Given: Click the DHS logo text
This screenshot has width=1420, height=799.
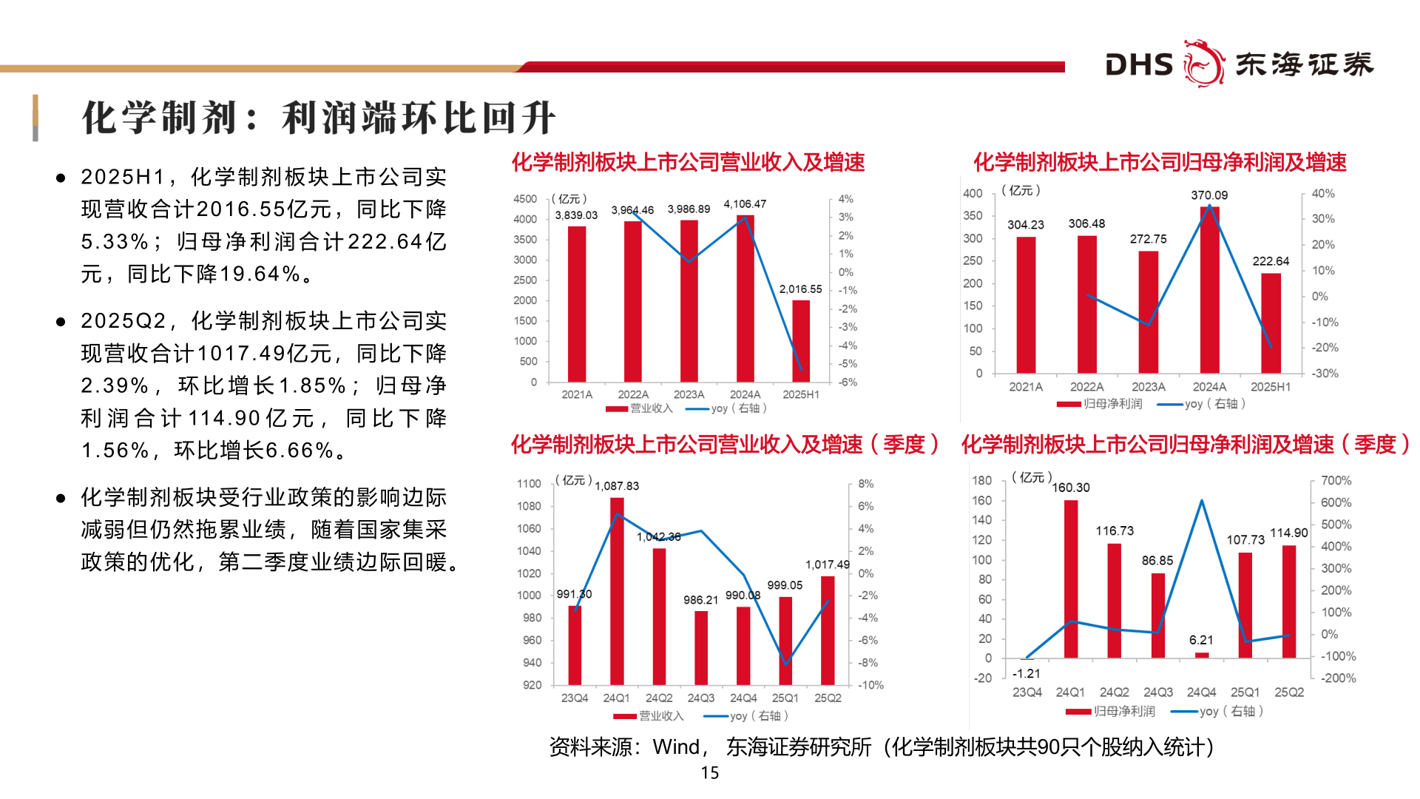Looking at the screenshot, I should (1139, 64).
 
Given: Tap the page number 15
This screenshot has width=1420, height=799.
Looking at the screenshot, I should (710, 773).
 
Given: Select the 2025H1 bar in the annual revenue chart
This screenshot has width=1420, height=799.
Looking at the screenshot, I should (801, 341).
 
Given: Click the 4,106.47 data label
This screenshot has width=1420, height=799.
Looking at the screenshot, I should (745, 204).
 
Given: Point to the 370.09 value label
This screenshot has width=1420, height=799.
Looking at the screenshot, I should (1209, 195).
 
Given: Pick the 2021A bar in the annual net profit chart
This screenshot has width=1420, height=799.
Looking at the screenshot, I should (1026, 305).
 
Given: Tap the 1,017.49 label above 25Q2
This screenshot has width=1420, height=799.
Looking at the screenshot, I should (828, 564).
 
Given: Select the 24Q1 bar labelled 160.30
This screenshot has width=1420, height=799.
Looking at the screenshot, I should (1071, 579).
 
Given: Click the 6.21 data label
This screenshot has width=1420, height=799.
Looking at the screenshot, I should (1201, 640).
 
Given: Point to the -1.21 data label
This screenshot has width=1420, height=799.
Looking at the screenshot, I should (1027, 673).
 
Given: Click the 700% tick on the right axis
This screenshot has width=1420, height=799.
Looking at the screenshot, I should (1336, 481).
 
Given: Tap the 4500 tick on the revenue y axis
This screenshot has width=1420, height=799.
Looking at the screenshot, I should (525, 199).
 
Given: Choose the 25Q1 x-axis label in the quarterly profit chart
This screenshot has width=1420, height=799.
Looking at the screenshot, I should (1245, 692).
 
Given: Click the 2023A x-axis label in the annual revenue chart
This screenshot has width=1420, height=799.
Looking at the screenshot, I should (689, 395).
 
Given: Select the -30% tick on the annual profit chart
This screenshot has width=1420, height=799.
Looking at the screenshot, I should (1325, 374).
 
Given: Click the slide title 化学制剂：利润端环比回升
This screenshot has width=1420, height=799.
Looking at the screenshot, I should (318, 118).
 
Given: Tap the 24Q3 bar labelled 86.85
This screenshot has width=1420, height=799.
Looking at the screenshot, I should (1157, 616).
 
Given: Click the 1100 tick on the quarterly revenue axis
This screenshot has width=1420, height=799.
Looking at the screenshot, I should (529, 484).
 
